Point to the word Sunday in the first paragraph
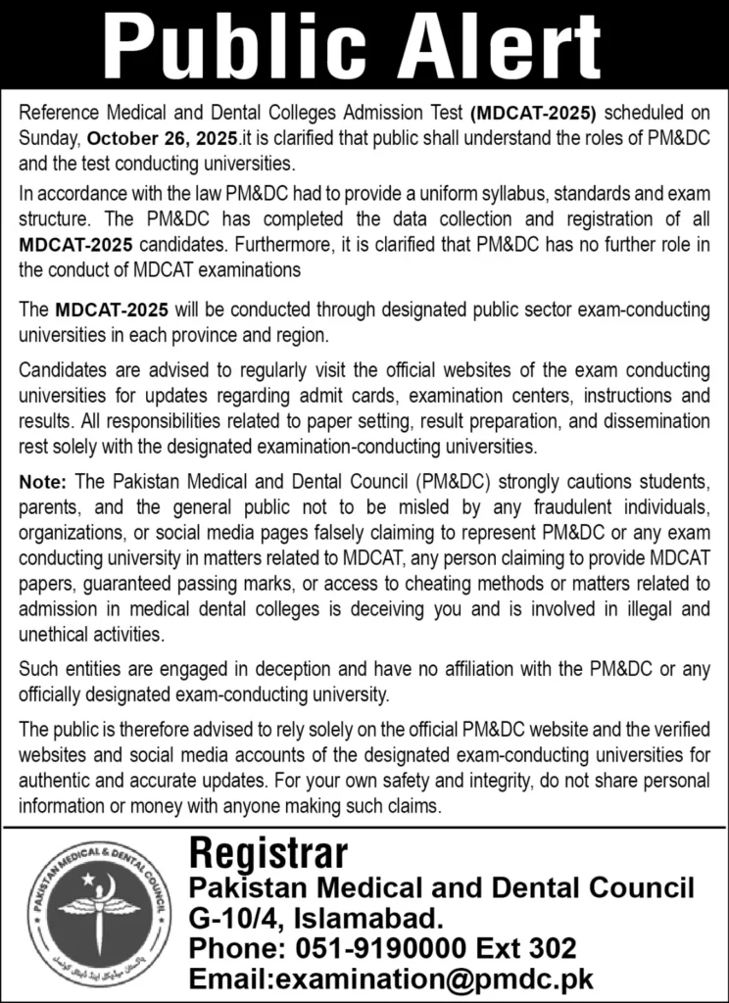tap(50, 136)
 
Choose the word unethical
tap(56, 633)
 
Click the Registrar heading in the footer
tap(267, 853)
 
